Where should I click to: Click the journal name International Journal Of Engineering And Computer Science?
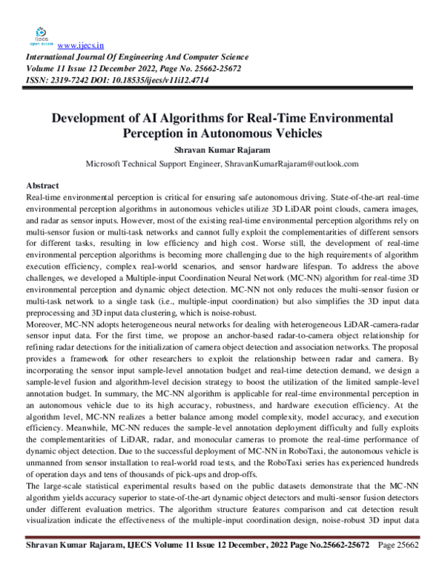click(x=137, y=57)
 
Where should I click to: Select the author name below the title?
click(x=222, y=149)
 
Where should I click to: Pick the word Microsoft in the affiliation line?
click(x=104, y=163)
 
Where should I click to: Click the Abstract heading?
click(x=43, y=184)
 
